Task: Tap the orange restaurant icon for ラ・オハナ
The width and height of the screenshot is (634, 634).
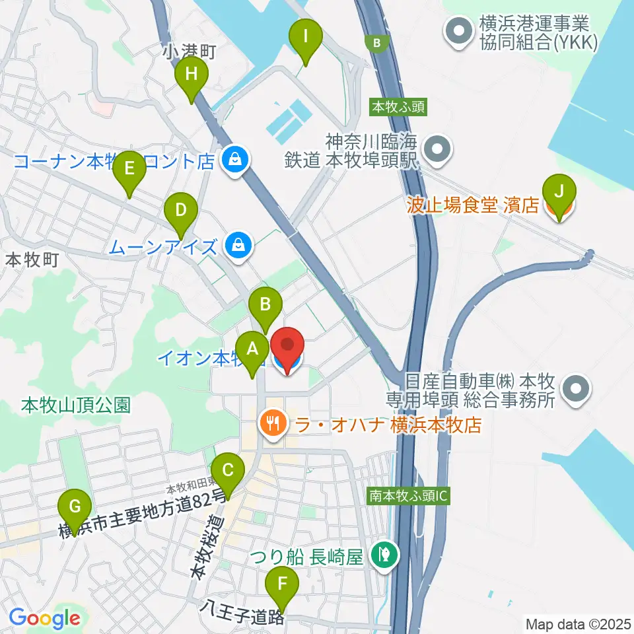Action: point(272,423)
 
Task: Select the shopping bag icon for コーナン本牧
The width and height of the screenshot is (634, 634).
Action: point(234,159)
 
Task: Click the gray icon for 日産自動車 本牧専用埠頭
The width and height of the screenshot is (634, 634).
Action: point(577,388)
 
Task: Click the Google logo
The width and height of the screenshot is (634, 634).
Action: point(45,618)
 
